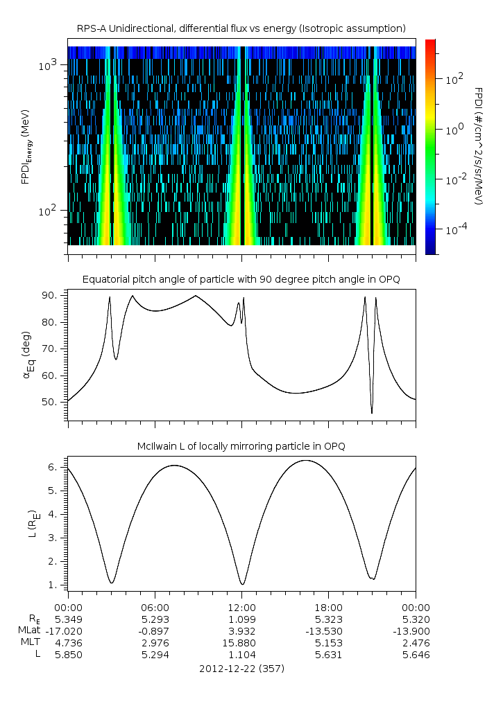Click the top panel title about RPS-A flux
(x=241, y=28)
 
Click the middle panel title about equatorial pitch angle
(x=241, y=279)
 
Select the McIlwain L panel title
(x=241, y=446)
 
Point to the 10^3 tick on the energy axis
(x=51, y=65)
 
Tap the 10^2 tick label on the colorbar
(x=454, y=79)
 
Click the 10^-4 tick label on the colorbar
(x=454, y=229)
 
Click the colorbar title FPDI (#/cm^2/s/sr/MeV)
(x=478, y=146)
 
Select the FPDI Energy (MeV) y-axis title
(x=26, y=146)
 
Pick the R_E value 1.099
(x=242, y=619)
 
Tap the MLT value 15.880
(x=242, y=643)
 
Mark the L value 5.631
(x=329, y=655)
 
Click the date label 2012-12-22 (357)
(x=241, y=669)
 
